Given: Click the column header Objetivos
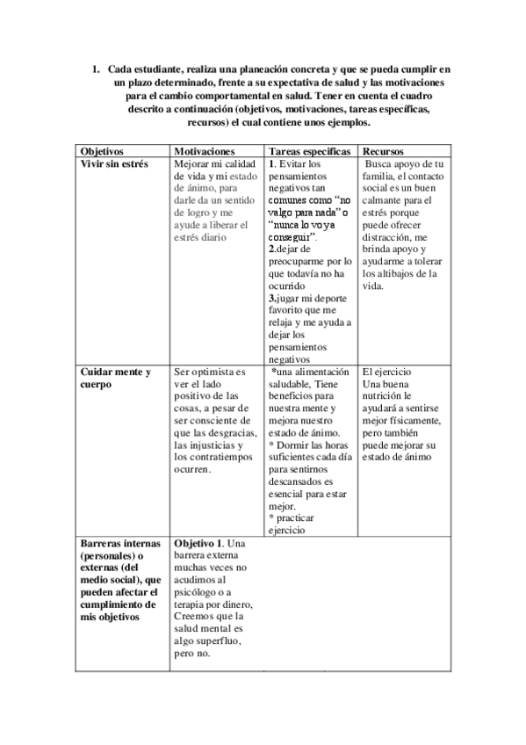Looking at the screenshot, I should tap(102, 151).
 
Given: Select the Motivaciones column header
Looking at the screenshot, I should tap(205, 151).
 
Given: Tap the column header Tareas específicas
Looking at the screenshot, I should tap(310, 151).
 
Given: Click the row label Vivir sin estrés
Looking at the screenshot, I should tap(114, 164).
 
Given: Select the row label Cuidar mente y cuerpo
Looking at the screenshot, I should tap(115, 378).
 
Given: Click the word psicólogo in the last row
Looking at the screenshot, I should tap(201, 593).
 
